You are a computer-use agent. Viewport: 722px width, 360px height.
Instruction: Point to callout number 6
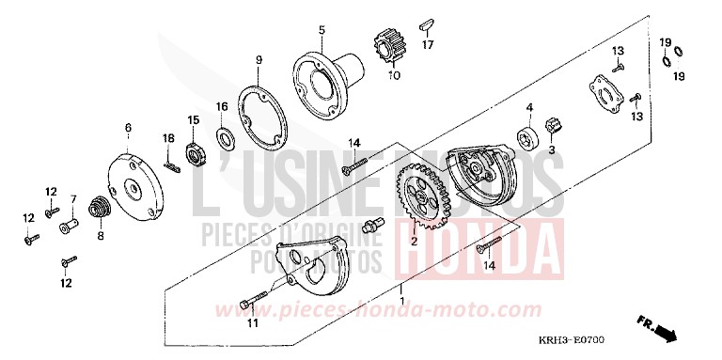(x=128, y=125)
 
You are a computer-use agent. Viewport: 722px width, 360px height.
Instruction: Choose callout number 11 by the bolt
(x=252, y=324)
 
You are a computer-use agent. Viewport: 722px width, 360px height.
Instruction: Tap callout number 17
(x=426, y=45)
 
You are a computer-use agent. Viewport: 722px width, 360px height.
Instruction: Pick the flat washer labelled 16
(x=226, y=139)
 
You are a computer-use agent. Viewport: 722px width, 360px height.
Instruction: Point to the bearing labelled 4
(x=529, y=133)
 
